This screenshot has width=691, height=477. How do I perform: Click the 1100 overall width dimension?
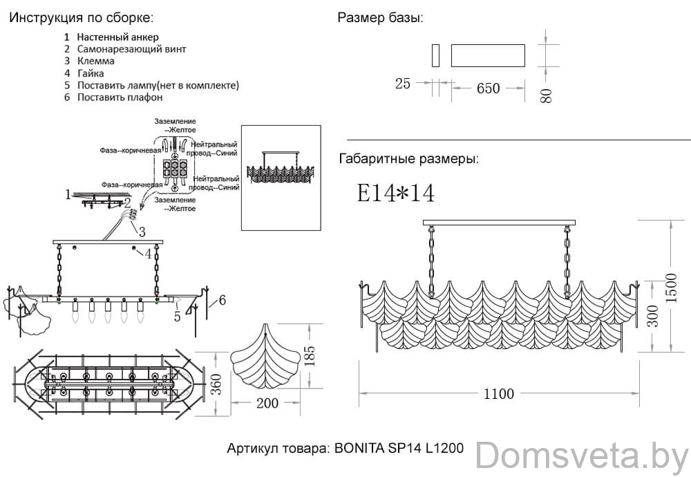point(498,394)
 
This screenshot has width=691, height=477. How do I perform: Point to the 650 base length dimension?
point(488,88)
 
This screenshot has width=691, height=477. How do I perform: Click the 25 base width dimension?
point(403,84)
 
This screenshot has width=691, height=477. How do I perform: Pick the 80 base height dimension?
point(547,95)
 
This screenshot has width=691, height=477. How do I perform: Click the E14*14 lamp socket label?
point(395,194)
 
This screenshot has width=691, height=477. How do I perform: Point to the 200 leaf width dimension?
point(267,403)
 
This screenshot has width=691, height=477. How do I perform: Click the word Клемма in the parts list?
point(96,61)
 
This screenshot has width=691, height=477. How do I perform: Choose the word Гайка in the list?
point(91,73)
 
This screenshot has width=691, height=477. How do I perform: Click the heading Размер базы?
point(380,18)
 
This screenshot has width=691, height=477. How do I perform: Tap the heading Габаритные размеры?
point(408,160)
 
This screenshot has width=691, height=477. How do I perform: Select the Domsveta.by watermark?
point(583,456)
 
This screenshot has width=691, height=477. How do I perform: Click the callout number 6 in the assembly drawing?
point(222,300)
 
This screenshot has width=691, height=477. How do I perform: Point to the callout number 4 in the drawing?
point(148,254)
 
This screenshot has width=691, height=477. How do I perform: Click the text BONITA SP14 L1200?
point(399,448)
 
